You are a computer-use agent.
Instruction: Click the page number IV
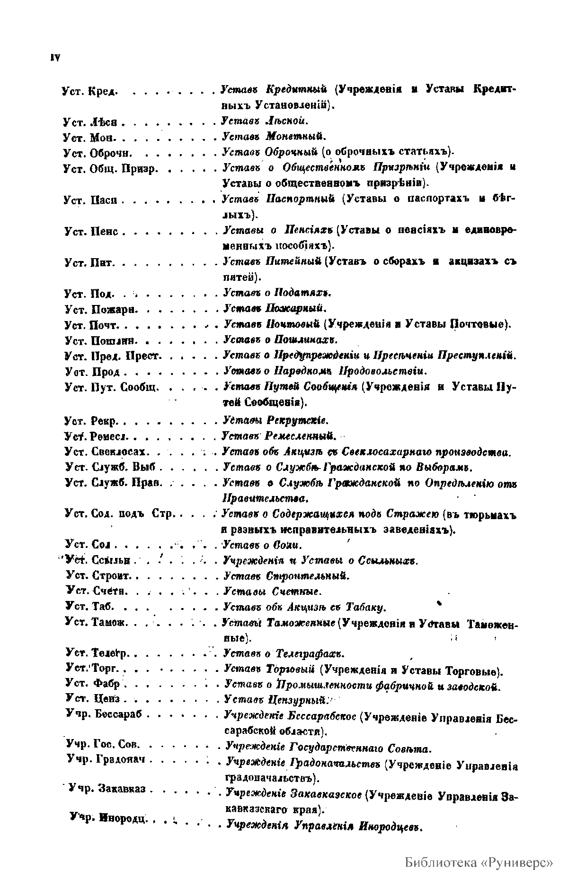54,58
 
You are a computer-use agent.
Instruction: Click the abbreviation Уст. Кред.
89,91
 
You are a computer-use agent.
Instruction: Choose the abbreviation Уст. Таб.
89,607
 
